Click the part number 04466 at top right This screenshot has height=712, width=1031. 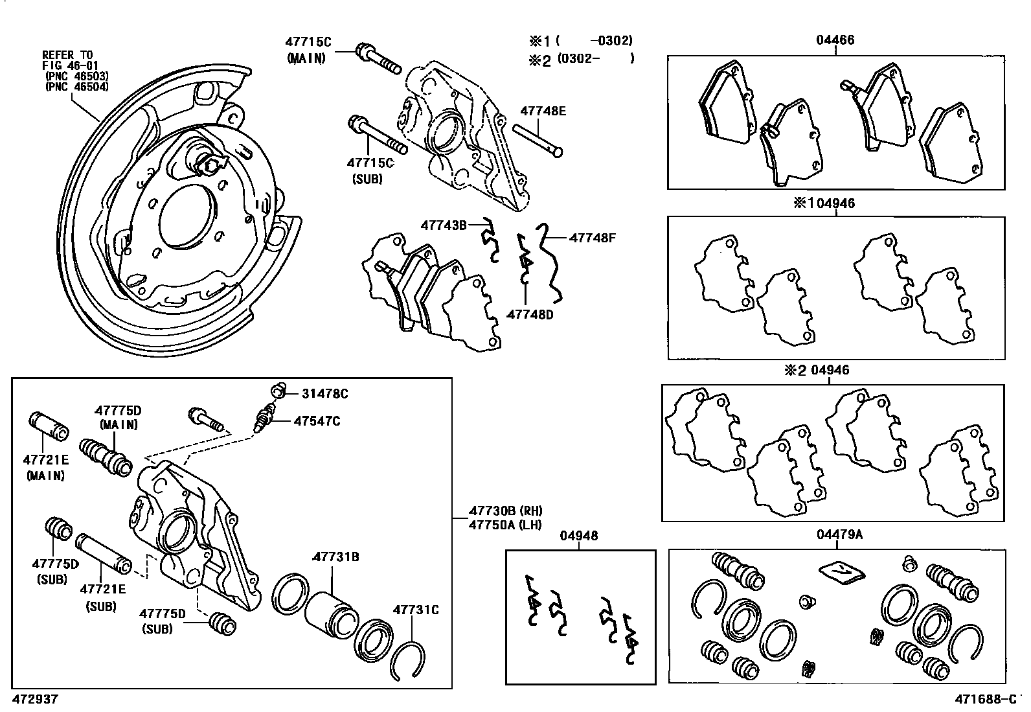click(835, 40)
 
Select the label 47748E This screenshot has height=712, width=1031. click(543, 111)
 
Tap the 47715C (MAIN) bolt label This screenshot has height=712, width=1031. click(308, 42)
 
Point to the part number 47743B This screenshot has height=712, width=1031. click(444, 225)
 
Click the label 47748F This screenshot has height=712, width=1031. click(592, 238)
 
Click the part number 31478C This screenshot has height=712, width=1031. click(325, 393)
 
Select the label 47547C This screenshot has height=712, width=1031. click(317, 421)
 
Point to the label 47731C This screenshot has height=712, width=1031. click(416, 610)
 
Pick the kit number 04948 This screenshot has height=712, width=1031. click(579, 536)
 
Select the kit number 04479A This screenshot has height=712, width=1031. click(839, 534)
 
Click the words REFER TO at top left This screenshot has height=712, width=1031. click(67, 54)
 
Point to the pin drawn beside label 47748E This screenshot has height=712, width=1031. click(538, 139)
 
